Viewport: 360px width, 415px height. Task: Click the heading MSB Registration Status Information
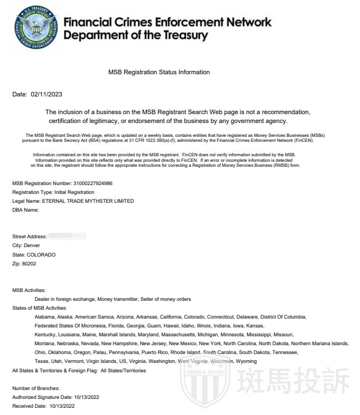point(159,72)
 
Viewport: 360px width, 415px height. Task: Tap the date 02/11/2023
point(47,94)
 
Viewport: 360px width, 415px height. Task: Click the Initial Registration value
point(74,192)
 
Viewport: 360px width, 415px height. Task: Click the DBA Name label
point(25,210)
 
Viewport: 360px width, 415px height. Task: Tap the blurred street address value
point(66,237)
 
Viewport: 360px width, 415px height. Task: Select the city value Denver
point(32,245)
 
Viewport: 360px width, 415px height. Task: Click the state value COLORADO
point(41,255)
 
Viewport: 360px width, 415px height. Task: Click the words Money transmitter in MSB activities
point(117,299)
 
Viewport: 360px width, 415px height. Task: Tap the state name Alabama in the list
point(44,317)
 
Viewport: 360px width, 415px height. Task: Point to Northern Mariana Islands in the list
point(320,344)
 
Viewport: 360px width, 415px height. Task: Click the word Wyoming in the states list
point(246,361)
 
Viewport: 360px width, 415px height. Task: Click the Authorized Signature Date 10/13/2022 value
point(85,397)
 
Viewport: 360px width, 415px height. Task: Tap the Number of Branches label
point(35,388)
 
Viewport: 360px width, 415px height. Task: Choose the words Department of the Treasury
point(136,35)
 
